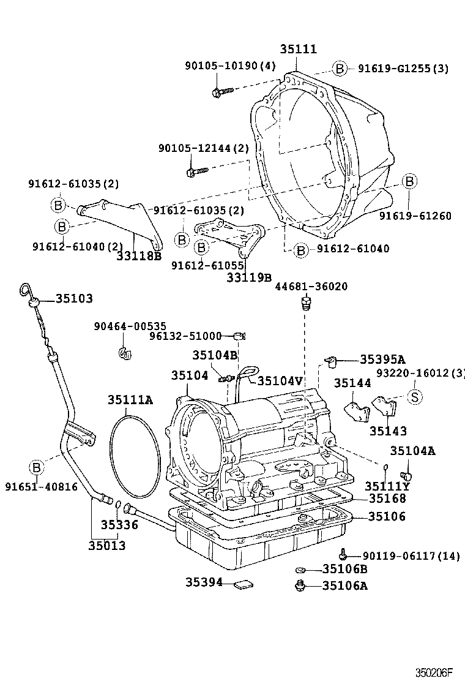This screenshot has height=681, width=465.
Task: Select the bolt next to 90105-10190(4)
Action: coord(221,92)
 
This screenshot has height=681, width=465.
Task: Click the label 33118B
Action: coord(139,256)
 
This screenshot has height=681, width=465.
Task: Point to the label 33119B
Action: coord(248,277)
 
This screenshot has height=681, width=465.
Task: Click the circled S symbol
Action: coord(414,397)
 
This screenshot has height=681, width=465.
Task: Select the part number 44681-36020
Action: coord(311,287)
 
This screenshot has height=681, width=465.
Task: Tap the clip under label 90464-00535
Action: coord(126,353)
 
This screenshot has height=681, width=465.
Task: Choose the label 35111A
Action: coord(130,400)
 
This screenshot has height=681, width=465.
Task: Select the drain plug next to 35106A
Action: coord(300,587)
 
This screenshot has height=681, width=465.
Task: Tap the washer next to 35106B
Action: coord(300,570)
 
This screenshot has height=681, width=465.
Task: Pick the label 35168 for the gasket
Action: coord(387,499)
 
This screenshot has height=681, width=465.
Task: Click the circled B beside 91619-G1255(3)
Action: coord(340,69)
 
